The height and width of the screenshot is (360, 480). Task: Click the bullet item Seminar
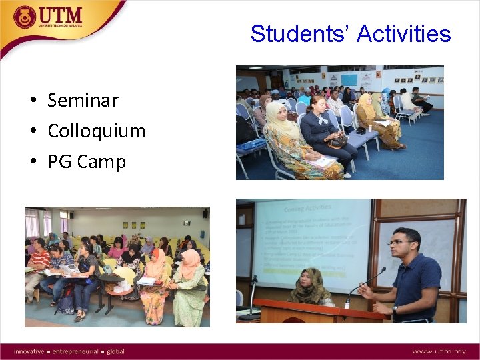pos(83,100)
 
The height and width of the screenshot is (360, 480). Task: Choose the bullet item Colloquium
pos(96,131)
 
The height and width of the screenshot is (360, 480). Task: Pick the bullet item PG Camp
pos(86,161)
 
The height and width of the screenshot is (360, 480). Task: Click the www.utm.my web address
pos(439,351)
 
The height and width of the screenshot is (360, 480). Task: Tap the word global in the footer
pos(115,351)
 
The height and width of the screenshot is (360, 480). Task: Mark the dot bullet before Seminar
pos(33,101)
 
